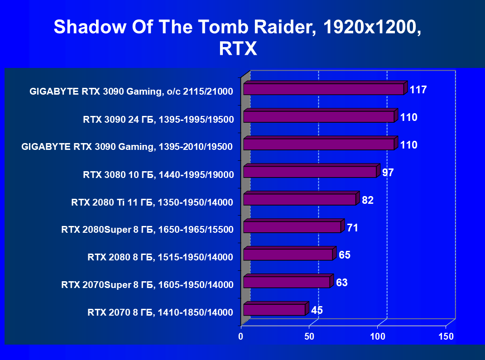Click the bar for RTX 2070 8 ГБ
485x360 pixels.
[x=276, y=309]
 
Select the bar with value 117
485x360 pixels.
[x=326, y=88]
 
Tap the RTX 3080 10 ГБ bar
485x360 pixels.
[x=312, y=171]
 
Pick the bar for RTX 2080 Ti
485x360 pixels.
[x=301, y=198]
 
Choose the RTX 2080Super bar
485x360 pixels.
[x=294, y=226]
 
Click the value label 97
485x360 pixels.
[x=388, y=173]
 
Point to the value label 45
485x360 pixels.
[x=317, y=310]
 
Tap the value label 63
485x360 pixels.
[x=342, y=283]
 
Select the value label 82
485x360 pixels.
[x=367, y=200]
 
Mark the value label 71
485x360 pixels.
[x=352, y=228]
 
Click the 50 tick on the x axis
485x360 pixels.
[x=309, y=336]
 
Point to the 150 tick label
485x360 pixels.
[x=446, y=336]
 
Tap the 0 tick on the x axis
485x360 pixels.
[x=240, y=336]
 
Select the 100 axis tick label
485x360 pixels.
[x=378, y=336]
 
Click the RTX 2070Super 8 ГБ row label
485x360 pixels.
[x=147, y=284]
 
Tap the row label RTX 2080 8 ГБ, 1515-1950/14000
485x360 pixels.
[x=160, y=257]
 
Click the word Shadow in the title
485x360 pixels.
[x=90, y=27]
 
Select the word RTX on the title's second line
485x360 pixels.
[x=238, y=48]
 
